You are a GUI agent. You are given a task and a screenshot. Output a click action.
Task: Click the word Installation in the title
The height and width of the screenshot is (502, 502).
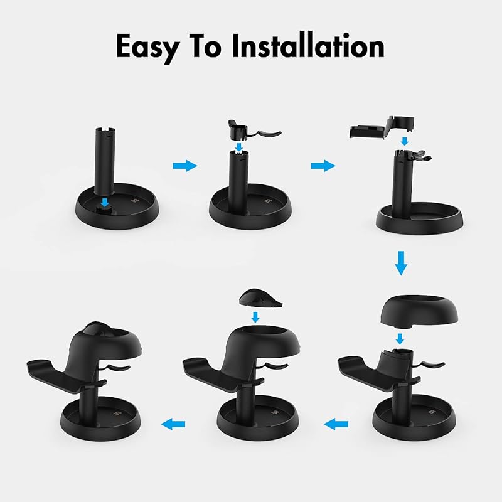308,46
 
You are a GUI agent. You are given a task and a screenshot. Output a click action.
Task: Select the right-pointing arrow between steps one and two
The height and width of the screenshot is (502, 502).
185,166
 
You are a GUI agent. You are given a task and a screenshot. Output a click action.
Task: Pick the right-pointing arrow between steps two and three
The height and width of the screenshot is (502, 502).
323,166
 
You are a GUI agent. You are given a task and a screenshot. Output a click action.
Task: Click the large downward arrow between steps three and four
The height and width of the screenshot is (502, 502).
401,264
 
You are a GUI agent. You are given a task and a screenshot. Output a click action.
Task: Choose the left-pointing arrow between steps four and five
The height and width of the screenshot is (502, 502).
336,425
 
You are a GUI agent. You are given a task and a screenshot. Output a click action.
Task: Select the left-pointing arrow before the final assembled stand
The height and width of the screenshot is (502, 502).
173,425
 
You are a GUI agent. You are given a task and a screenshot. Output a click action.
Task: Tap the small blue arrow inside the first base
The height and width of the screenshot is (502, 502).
104,202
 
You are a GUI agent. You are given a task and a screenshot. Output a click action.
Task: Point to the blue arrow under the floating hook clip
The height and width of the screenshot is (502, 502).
238,147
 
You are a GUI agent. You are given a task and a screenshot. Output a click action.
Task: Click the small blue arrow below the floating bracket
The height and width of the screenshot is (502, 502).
405,141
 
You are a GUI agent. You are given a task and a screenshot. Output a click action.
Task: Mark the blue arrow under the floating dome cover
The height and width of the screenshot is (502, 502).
400,339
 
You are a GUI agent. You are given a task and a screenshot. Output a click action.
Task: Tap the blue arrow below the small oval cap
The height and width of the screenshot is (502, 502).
255,318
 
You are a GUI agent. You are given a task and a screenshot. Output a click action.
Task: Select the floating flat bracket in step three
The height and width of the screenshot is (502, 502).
381,127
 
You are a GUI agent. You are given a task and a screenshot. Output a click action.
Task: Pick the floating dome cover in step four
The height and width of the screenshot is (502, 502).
419,310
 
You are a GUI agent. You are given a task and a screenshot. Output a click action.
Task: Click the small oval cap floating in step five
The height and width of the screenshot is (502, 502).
260,299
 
